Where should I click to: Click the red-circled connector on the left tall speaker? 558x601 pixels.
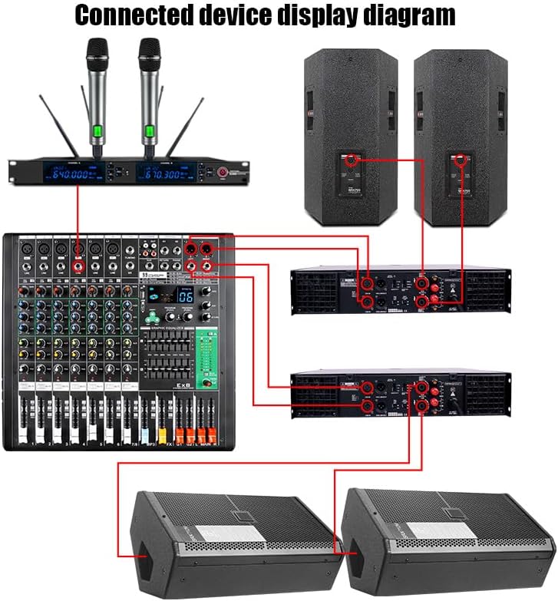[351, 160]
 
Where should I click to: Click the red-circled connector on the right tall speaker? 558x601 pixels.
[461, 160]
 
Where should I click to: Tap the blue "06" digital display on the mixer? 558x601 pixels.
[185, 296]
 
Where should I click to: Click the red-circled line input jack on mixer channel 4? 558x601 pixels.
[78, 266]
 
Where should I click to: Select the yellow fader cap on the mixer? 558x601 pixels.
[162, 435]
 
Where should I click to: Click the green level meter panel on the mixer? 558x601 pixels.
[205, 358]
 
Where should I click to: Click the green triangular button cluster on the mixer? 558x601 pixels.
[155, 316]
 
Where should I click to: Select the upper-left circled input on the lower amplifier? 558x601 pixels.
[367, 388]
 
